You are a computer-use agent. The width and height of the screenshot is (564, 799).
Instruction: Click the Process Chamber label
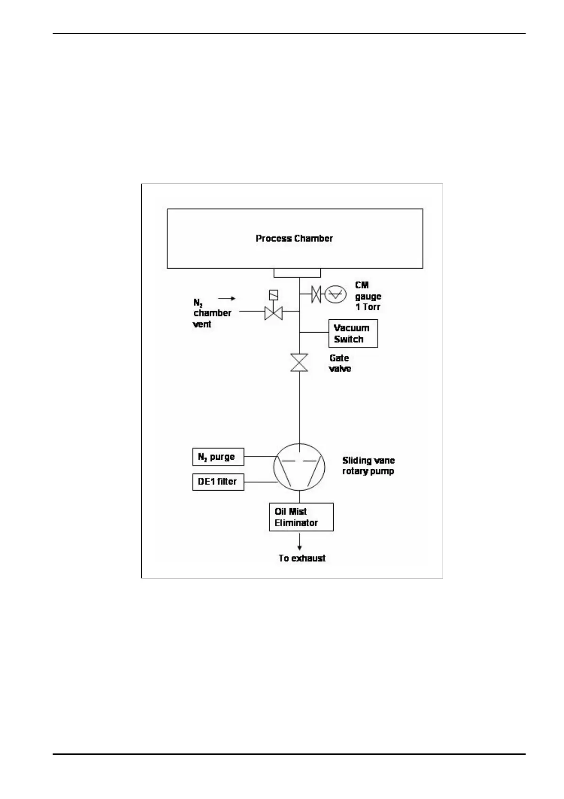294,238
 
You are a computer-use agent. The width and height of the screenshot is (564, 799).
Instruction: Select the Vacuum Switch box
353,334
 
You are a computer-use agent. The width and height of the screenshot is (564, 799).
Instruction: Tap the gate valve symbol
299,363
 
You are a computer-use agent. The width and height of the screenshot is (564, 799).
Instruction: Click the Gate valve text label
340,363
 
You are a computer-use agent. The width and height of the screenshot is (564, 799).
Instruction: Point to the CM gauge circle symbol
335,295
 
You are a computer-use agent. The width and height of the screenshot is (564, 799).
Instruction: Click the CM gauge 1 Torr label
368,296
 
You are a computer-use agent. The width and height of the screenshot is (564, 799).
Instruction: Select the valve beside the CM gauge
316,295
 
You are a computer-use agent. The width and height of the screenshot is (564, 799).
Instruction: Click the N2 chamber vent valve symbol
273,312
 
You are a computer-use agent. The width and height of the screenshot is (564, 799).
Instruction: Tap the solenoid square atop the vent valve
273,295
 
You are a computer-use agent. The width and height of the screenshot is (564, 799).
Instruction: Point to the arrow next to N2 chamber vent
227,298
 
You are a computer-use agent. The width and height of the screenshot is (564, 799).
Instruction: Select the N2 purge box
218,457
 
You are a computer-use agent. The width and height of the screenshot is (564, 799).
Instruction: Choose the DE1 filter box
218,482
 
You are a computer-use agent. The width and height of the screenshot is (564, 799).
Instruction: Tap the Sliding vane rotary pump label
368,466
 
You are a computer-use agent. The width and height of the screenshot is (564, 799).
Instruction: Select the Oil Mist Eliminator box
301,517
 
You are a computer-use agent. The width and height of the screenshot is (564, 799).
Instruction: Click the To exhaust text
302,558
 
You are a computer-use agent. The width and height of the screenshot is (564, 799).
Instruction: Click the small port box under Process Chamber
297,273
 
